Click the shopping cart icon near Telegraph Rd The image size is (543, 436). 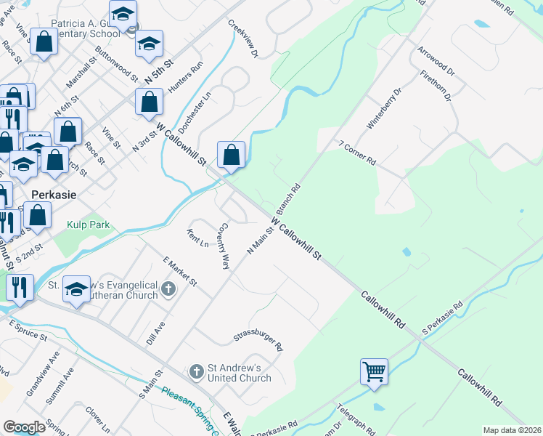pos(375,371)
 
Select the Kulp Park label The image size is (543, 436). pos(89,225)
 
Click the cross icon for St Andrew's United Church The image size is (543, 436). pos(196,372)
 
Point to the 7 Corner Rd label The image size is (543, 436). pos(357,153)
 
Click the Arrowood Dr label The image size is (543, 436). pos(436,62)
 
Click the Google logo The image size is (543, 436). pos(24,427)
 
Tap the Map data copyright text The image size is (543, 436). pos(512,430)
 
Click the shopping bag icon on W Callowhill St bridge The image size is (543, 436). pos(231,154)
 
